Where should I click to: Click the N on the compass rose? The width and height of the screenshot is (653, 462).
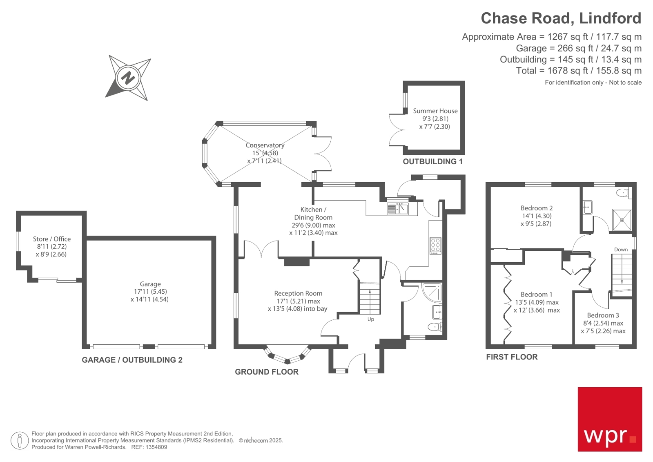click(x=128, y=78)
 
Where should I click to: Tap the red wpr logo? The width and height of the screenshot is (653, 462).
click(x=609, y=419)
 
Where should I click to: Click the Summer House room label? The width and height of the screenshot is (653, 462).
click(x=435, y=111)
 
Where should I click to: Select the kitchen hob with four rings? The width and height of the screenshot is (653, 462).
click(x=435, y=246)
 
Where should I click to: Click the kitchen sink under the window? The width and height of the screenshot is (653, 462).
click(x=398, y=209)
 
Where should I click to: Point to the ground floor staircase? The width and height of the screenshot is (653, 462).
click(x=370, y=299)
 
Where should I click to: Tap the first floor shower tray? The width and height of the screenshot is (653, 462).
click(x=622, y=220)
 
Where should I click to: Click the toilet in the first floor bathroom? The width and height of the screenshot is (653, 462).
click(x=623, y=193)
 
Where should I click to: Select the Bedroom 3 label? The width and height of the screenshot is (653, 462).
click(x=603, y=315)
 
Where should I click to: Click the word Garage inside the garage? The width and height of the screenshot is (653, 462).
click(x=150, y=284)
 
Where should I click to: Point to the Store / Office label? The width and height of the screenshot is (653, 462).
click(x=51, y=239)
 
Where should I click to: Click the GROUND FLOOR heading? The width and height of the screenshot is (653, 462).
click(x=266, y=372)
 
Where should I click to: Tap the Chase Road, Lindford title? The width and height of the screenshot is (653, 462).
click(x=561, y=18)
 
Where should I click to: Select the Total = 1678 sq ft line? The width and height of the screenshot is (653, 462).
click(x=578, y=71)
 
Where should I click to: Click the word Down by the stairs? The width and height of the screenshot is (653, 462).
click(x=620, y=250)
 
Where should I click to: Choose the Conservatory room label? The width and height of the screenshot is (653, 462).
click(x=265, y=145)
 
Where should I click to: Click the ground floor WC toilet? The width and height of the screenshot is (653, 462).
click(x=435, y=327)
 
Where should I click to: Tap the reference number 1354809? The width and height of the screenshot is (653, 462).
click(x=157, y=447)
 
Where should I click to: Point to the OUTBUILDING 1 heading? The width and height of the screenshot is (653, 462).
click(x=432, y=161)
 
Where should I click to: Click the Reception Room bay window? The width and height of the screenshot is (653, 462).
click(x=287, y=356)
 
